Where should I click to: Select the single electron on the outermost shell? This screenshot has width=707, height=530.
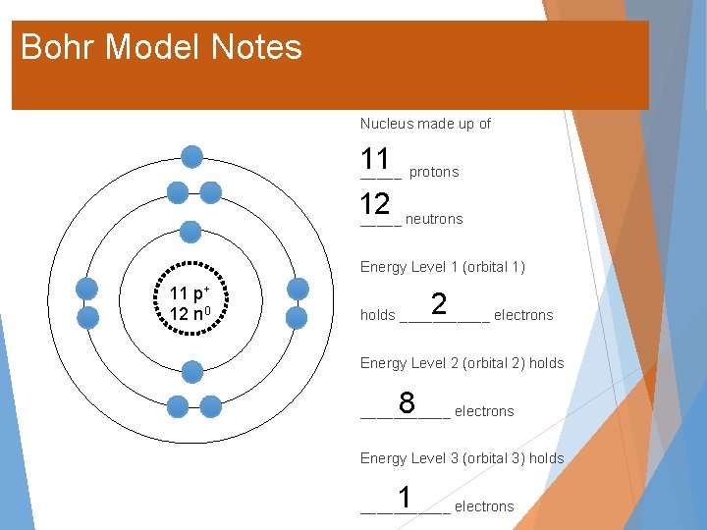(192, 156)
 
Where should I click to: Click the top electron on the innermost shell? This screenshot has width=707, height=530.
(191, 232)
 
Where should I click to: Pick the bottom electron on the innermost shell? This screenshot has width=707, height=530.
(192, 370)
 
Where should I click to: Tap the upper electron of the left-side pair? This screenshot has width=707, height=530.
(87, 289)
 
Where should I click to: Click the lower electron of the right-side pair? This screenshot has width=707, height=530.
(297, 317)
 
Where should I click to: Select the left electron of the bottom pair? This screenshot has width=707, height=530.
(177, 406)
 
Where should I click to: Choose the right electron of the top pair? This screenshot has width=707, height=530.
(210, 192)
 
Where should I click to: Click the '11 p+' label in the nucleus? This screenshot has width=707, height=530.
(187, 293)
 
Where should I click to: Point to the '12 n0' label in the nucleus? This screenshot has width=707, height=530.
(187, 313)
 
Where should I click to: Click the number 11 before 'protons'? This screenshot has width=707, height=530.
(375, 159)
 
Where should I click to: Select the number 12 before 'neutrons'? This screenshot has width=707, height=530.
(375, 204)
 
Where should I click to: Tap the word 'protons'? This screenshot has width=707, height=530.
(434, 172)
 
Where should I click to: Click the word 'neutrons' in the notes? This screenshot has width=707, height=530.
(434, 219)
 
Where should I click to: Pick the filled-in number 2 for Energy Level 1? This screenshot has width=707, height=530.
(439, 303)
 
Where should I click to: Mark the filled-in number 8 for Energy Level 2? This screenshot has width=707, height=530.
(407, 401)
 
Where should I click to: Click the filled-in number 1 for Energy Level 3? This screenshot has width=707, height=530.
(405, 497)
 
